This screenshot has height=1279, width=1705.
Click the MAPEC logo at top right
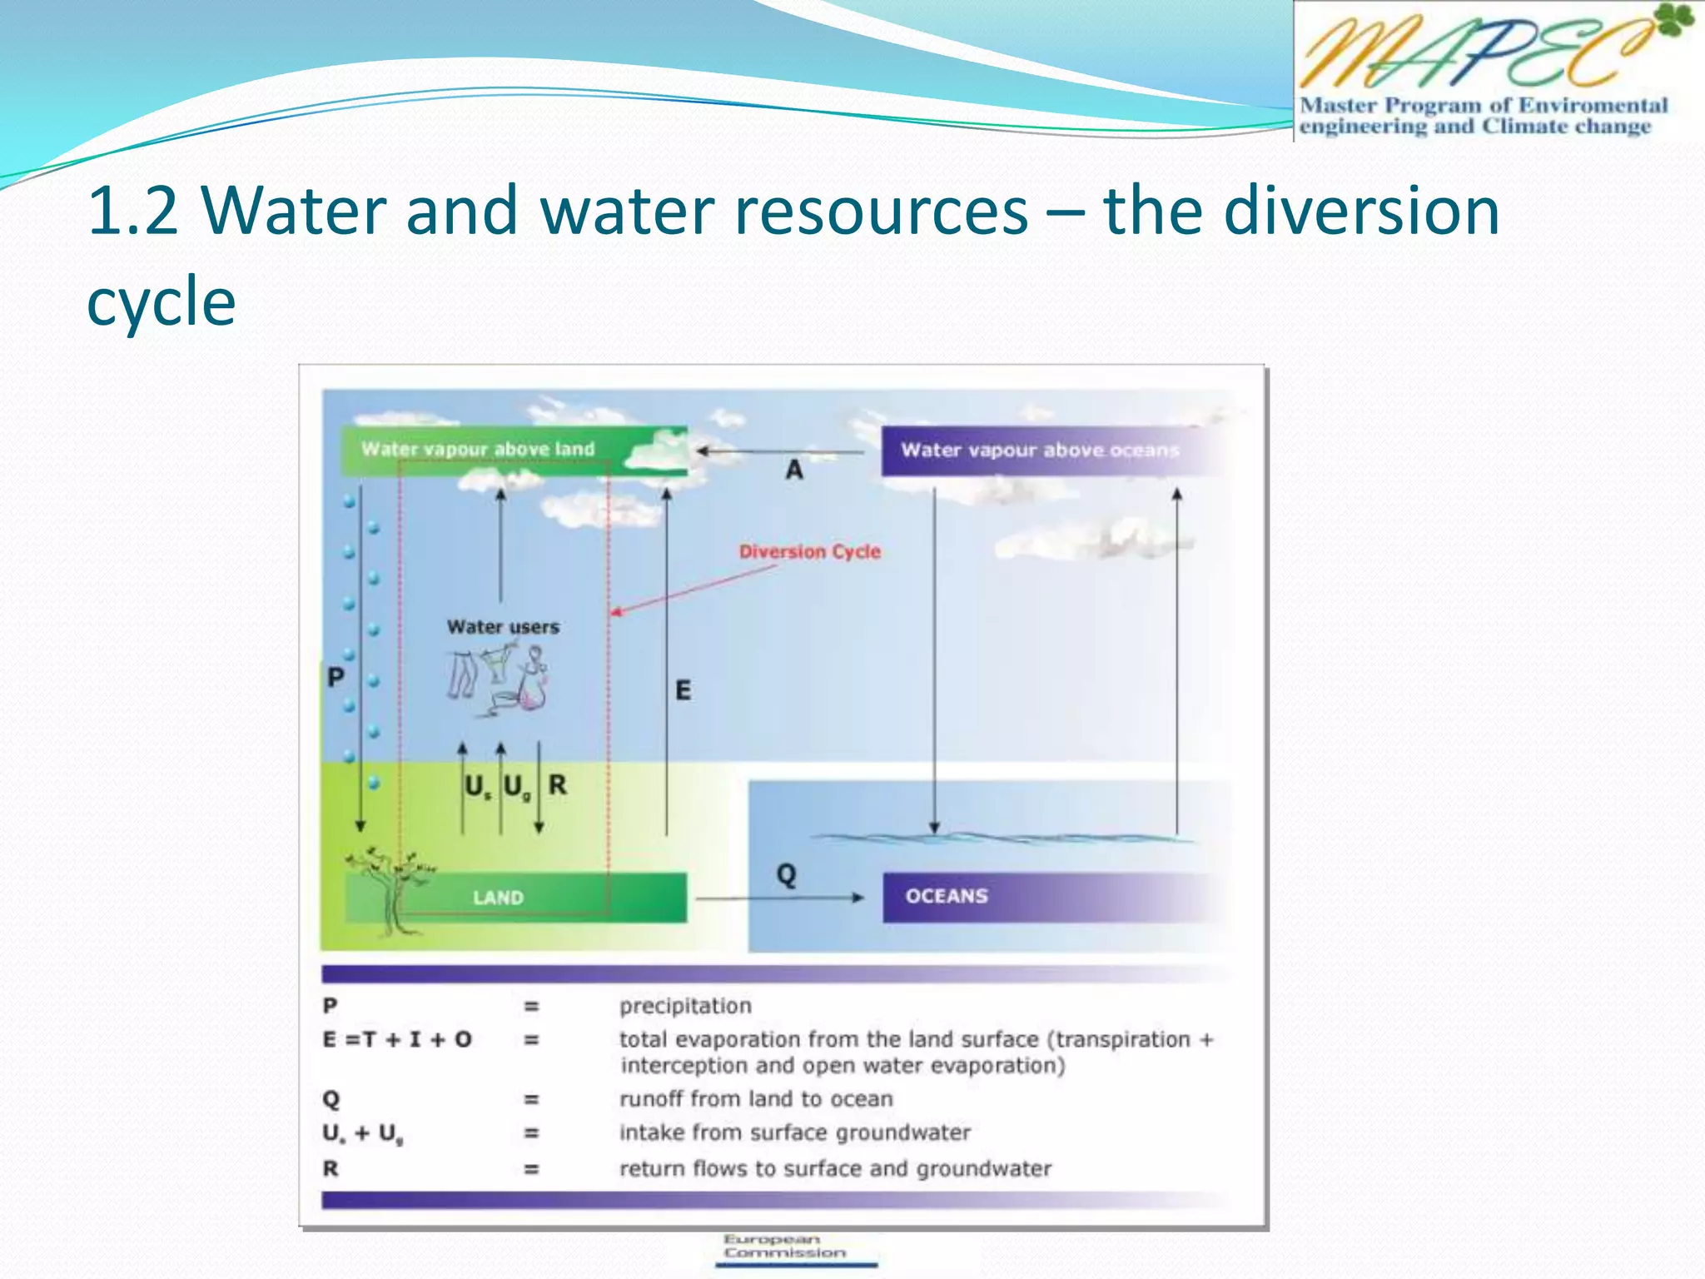(x=1490, y=71)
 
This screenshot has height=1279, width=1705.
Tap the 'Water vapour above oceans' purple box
(x=1041, y=450)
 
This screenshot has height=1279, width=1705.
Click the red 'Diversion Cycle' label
(x=809, y=551)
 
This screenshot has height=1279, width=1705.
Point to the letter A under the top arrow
(x=794, y=470)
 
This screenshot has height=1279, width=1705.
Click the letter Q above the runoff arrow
(x=786, y=874)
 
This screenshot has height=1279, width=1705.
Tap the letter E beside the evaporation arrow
(x=683, y=690)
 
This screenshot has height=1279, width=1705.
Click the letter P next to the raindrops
(x=335, y=677)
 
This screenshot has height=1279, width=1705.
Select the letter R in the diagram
(x=557, y=784)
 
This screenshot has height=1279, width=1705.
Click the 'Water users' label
(x=503, y=627)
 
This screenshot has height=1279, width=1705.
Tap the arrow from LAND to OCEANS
(x=778, y=898)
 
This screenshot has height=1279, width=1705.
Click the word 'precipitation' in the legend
(x=685, y=1006)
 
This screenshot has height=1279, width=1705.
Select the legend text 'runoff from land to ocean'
(x=755, y=1099)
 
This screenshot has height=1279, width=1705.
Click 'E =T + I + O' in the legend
(x=397, y=1039)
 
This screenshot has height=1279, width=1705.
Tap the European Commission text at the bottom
(x=783, y=1246)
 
